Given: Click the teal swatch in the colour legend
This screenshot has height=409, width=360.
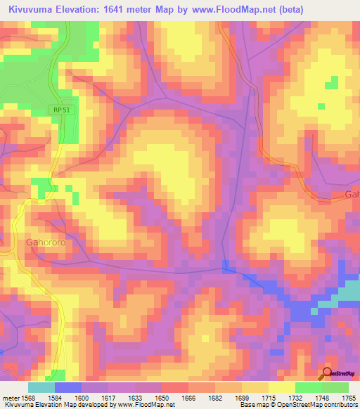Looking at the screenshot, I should pyautogui.click(x=41, y=387).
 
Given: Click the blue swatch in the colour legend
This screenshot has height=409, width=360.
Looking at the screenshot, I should pyautogui.click(x=68, y=387).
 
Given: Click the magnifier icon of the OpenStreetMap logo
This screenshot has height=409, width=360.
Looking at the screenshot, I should pyautogui.click(x=326, y=373).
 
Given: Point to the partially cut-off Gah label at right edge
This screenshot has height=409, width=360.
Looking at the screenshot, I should pyautogui.click(x=352, y=194).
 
